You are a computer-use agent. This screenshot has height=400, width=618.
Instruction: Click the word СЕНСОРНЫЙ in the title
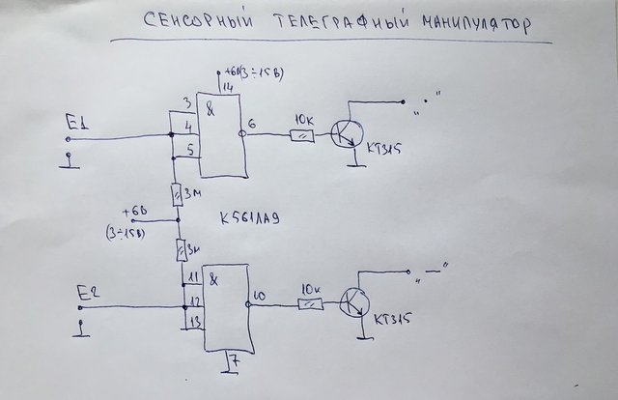(x=193, y=22)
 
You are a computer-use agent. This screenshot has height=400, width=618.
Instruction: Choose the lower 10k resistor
(x=310, y=305)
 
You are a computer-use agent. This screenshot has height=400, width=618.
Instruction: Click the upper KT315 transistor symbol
(x=344, y=134)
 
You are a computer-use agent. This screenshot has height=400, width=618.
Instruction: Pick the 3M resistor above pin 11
(x=181, y=251)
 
